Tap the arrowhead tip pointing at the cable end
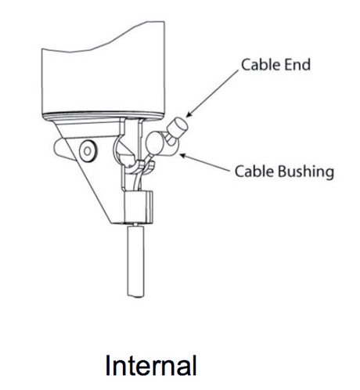[186, 117]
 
